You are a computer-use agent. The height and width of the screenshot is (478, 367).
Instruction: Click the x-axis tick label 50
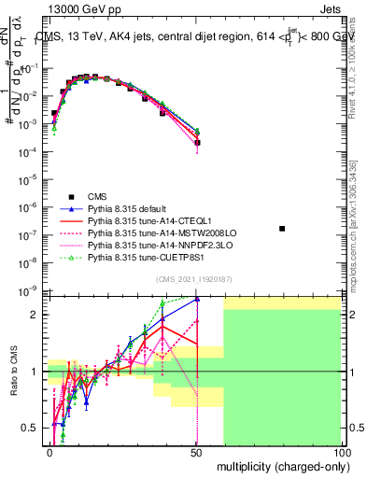click(196, 451)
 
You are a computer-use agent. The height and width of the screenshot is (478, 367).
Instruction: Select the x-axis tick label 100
click(341, 451)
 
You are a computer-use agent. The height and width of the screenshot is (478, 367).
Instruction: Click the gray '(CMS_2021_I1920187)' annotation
click(196, 279)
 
